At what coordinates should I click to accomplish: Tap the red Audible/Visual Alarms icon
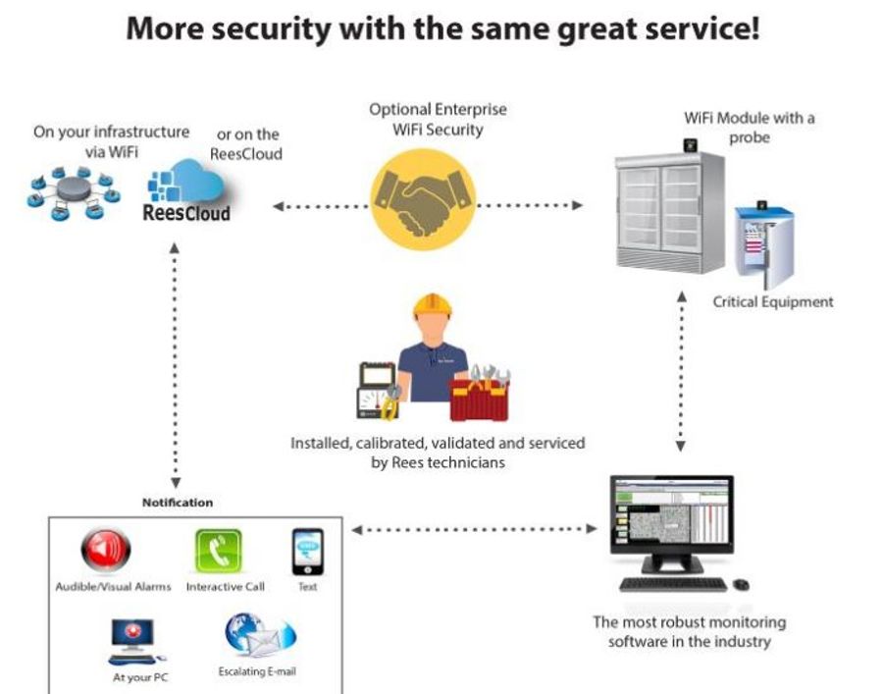[105, 551]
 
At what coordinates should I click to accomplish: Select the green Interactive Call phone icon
[218, 551]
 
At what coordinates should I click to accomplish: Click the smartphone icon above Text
[307, 552]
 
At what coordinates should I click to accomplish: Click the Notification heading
[177, 503]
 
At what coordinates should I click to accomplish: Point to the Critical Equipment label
[772, 301]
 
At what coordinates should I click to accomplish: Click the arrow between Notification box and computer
[474, 529]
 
